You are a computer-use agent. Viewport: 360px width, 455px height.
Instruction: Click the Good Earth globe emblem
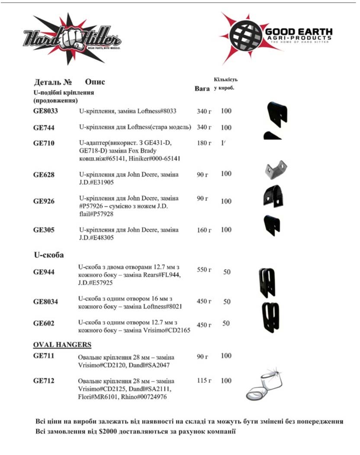click(x=245, y=36)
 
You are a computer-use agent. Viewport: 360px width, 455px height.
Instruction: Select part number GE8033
click(x=46, y=111)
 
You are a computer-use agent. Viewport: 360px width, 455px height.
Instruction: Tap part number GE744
click(x=44, y=128)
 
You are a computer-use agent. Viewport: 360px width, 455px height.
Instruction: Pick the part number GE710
click(x=44, y=143)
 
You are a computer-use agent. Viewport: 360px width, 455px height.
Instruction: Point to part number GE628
click(x=44, y=174)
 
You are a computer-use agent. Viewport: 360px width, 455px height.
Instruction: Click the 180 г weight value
click(x=204, y=143)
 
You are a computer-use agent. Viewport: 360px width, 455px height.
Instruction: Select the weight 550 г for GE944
click(x=204, y=270)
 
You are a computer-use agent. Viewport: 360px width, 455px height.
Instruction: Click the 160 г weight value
click(x=204, y=230)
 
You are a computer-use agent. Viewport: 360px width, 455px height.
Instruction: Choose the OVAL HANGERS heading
click(x=62, y=345)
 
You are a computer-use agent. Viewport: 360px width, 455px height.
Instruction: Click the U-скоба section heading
click(x=48, y=255)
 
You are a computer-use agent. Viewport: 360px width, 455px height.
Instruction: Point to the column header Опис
click(x=95, y=82)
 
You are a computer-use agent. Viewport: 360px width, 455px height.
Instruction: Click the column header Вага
click(x=202, y=88)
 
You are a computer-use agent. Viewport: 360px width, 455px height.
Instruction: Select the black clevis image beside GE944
click(x=267, y=282)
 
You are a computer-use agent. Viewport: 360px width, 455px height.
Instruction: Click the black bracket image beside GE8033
click(x=277, y=114)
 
